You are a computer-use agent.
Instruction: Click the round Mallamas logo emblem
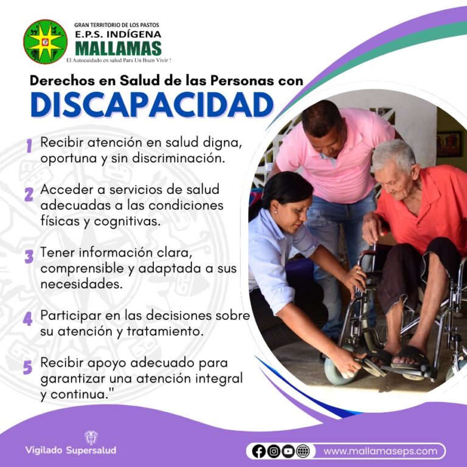[45, 42]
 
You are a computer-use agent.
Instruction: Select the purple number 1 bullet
[28, 145]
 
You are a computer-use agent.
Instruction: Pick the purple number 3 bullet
[28, 256]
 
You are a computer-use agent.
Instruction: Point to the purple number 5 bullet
[27, 367]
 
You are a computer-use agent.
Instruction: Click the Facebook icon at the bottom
[259, 451]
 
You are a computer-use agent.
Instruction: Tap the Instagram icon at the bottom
[274, 451]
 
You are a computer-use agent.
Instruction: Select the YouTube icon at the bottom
[288, 451]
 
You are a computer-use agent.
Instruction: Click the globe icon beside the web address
[303, 451]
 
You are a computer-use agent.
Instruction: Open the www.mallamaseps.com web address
[380, 451]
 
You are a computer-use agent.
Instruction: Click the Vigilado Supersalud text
[71, 451]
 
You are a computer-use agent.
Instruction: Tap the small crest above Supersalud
[91, 437]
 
